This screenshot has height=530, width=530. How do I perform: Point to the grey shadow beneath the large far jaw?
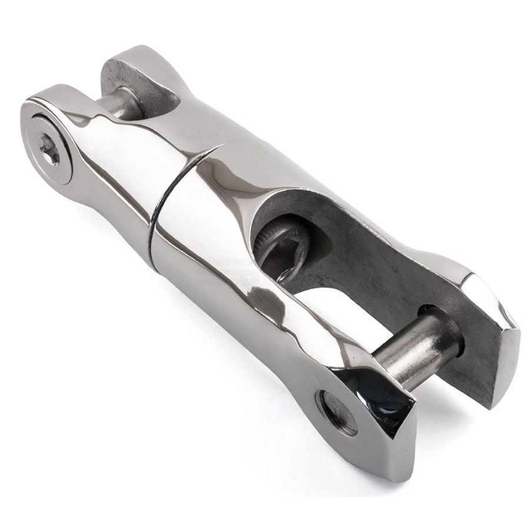tap(459, 412)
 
